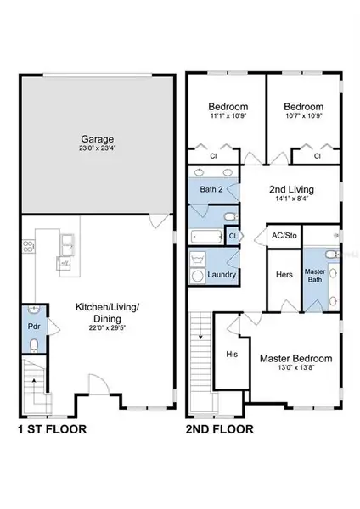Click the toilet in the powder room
pos(32,344)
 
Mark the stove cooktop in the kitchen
pos(26,248)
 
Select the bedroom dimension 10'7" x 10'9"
pos(301,117)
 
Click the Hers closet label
pos(284,275)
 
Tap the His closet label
pos(232,353)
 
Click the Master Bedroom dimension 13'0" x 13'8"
pos(295,370)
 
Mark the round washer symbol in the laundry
pos(197,275)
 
